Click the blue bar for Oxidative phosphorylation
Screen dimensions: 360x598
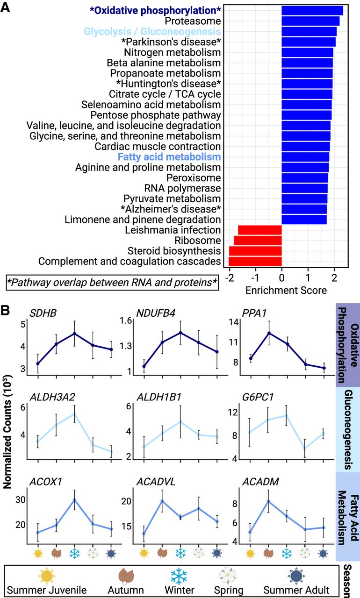(x=312, y=11)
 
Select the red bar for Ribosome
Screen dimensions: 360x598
(x=258, y=241)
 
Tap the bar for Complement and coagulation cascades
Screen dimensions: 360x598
(x=255, y=261)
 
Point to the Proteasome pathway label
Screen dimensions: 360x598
(x=193, y=21)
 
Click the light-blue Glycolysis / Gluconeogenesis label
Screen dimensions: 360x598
(x=152, y=31)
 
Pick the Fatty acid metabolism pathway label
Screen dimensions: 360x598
(x=169, y=157)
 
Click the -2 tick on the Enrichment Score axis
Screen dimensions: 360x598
(x=229, y=278)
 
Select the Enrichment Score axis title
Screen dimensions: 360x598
(x=286, y=290)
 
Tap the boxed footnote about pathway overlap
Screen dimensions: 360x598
(x=112, y=283)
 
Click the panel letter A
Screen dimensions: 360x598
(x=5, y=7)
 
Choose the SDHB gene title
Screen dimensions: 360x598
(x=43, y=313)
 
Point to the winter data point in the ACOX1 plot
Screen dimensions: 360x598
(x=74, y=500)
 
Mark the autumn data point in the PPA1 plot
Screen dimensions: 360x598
(x=269, y=333)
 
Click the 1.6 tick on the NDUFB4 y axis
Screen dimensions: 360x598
(x=126, y=320)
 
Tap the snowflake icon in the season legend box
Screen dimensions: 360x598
(x=179, y=576)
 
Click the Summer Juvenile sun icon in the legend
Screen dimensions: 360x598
(x=47, y=576)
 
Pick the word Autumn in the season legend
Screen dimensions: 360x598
(x=126, y=590)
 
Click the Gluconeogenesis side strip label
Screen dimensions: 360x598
(x=348, y=429)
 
